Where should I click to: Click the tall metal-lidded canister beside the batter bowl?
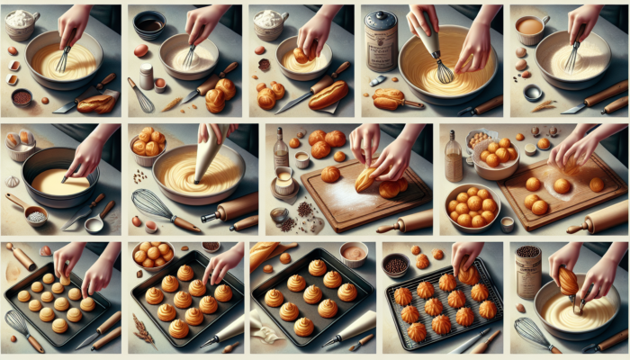point(382,40)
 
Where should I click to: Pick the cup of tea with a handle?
point(530,26)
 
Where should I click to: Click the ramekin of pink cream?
point(354,253)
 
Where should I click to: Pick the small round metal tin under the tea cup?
point(533,92)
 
